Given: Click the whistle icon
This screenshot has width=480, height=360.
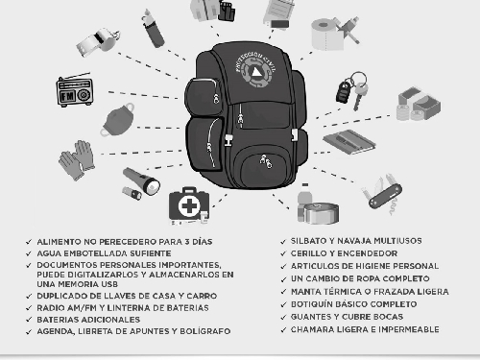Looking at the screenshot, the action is click(98, 42).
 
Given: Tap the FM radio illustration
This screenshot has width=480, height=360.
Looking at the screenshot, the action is click(75, 90).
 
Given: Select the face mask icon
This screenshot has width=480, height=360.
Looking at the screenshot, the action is click(118, 120).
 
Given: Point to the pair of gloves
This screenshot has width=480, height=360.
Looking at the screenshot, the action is click(77, 160).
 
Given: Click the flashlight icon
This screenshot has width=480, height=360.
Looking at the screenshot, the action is click(141, 183).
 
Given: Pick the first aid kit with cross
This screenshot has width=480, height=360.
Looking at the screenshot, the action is click(189, 205).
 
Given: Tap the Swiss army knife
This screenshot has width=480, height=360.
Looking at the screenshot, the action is click(382, 194).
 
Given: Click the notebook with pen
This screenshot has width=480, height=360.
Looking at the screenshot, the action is click(349, 141).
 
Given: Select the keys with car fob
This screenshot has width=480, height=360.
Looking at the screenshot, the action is click(352, 90).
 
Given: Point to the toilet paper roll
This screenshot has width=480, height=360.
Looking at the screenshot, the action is click(325, 35).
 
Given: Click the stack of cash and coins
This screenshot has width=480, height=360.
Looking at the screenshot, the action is click(419, 105).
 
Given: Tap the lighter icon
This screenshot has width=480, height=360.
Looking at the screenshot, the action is click(153, 29).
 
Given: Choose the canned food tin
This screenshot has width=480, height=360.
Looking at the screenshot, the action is click(321, 213).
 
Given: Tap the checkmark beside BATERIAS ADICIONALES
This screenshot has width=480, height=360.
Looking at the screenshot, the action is click(29, 320).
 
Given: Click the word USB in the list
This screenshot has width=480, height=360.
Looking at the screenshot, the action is click(109, 284).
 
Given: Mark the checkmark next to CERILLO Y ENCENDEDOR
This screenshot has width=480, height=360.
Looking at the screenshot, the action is click(283, 253).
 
